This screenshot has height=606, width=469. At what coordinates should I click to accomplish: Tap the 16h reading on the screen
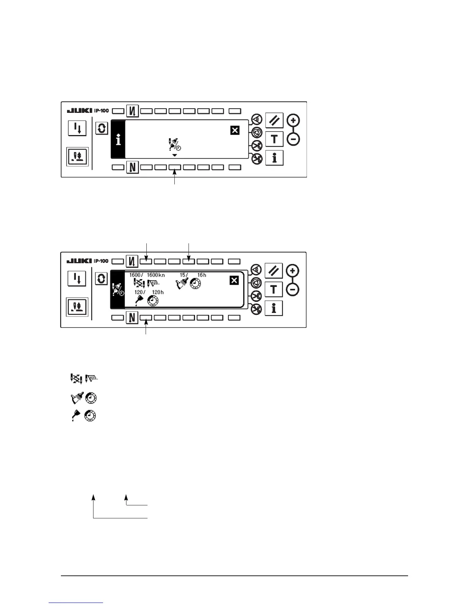(202, 275)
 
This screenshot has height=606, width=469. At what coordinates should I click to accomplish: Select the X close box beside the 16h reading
(234, 281)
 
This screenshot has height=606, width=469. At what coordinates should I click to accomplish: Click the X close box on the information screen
(235, 130)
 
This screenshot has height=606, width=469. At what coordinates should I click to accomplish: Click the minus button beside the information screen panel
(294, 139)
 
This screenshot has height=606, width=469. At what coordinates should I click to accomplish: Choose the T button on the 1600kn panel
(274, 289)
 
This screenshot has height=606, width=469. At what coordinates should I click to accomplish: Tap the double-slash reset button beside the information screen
(274, 121)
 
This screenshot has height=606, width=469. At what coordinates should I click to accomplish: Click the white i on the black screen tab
(118, 140)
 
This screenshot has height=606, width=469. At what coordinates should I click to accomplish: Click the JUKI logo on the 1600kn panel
(79, 261)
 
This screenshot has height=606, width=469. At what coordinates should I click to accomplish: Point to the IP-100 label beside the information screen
(102, 111)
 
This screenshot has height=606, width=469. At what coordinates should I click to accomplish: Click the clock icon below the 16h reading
(195, 283)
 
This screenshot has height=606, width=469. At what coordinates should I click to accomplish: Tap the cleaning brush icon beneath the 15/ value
(182, 283)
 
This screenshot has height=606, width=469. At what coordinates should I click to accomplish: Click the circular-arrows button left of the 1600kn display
(101, 279)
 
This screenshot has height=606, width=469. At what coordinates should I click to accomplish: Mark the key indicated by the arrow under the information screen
(175, 168)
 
